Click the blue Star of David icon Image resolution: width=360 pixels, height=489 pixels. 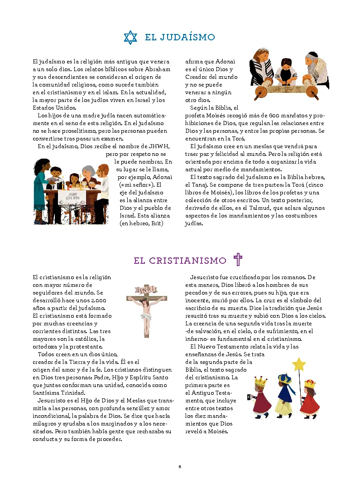click(130, 37)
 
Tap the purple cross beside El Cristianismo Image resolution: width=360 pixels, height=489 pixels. click(238, 260)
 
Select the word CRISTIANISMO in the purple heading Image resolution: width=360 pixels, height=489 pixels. click(187, 261)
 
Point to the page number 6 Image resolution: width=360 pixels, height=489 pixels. click(180, 466)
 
